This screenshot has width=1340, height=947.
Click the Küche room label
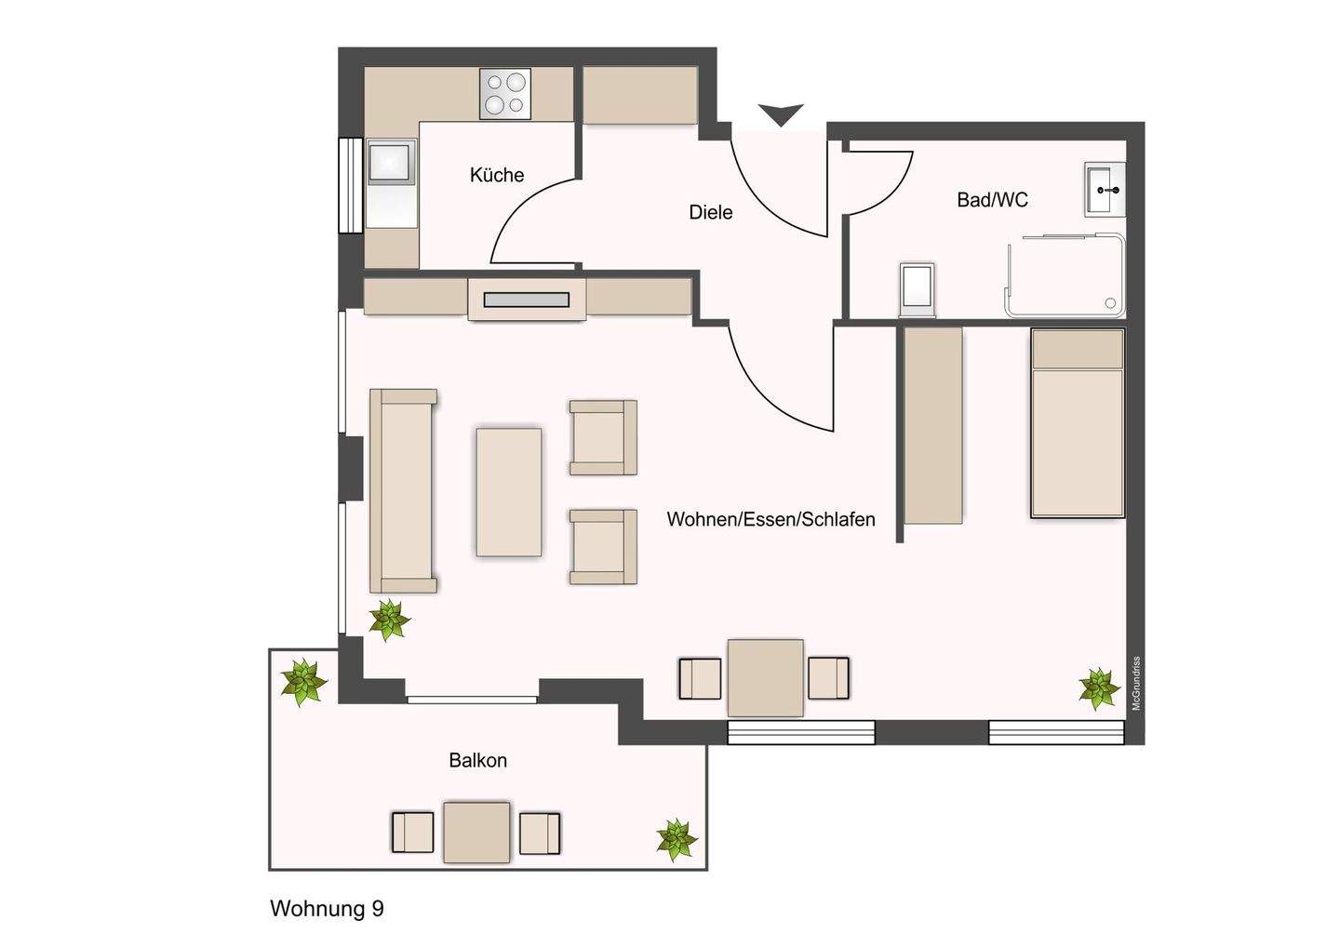pyautogui.click(x=497, y=175)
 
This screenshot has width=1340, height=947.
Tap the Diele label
pyautogui.click(x=710, y=212)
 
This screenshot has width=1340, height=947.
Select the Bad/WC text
pyautogui.click(x=992, y=199)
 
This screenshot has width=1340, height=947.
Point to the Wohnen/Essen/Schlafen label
pyautogui.click(x=770, y=519)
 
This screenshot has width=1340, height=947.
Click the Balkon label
pyautogui.click(x=477, y=760)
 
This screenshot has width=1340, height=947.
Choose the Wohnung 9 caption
pyautogui.click(x=327, y=908)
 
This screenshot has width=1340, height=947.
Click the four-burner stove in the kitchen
pyautogui.click(x=505, y=94)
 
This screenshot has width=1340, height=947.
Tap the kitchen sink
pyautogui.click(x=391, y=162)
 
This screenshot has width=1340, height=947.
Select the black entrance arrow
pyautogui.click(x=780, y=114)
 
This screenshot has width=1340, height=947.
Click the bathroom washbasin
pyautogui.click(x=1105, y=190)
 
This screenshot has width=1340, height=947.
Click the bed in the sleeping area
pyautogui.click(x=1077, y=423)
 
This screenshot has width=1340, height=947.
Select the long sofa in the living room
pyautogui.click(x=403, y=490)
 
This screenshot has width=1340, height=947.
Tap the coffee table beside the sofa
pyautogui.click(x=508, y=492)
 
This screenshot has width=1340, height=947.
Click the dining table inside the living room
pyautogui.click(x=765, y=677)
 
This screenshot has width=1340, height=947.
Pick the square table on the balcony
pyautogui.click(x=476, y=832)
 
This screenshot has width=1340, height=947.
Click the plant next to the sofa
pyautogui.click(x=388, y=620)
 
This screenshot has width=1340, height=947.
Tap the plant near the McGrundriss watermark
pyautogui.click(x=1098, y=688)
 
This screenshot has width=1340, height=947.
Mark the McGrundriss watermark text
pyautogui.click(x=1135, y=684)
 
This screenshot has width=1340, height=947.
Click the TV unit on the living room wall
pyautogui.click(x=526, y=300)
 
